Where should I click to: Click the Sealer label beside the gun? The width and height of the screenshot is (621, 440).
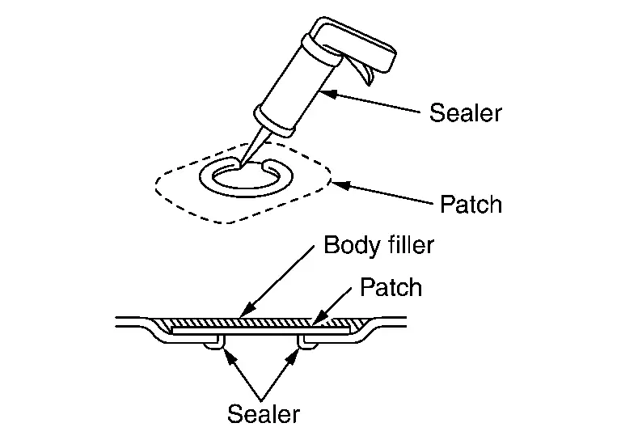tap(465, 112)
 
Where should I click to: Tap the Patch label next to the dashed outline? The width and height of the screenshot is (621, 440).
tap(471, 204)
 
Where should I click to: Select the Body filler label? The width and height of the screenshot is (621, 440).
tap(378, 244)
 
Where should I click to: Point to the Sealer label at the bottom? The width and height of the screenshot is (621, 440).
tap(264, 414)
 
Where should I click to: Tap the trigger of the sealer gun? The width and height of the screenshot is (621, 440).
tap(365, 73)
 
